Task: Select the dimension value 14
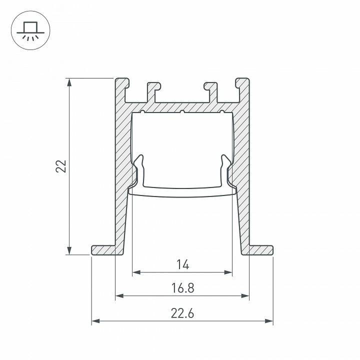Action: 182,265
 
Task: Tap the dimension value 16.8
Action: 182,288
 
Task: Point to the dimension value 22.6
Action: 182,313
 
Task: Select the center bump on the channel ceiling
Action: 182,111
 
